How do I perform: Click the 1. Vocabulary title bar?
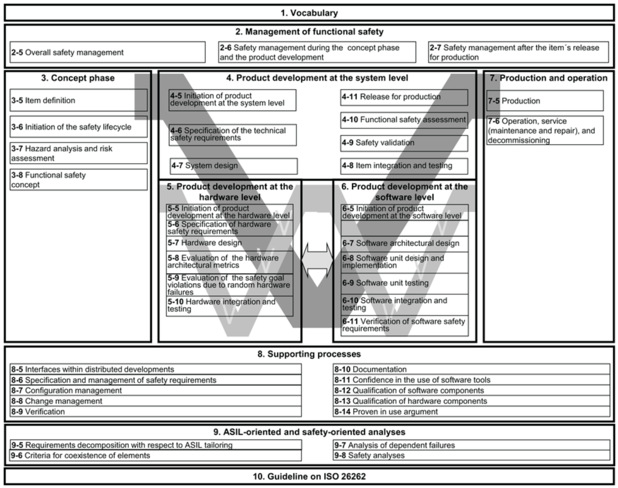coord(309,13)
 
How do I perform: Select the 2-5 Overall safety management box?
coord(107,52)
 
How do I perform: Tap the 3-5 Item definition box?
coord(79,100)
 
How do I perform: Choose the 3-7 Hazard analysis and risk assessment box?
coord(79,153)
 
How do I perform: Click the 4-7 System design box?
coord(233,166)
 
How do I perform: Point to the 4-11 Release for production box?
coord(404,97)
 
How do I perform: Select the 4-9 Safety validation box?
coord(404,143)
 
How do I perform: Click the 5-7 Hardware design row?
coord(230,243)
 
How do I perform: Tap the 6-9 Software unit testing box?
coord(405,283)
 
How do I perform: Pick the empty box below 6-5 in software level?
coord(405,228)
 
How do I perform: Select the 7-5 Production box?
coord(545,101)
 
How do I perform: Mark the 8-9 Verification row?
coord(155,412)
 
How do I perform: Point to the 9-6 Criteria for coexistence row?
coord(155,456)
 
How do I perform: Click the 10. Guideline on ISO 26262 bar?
coord(309,476)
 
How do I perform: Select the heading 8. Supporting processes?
coord(309,354)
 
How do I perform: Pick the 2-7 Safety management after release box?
coord(518,52)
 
